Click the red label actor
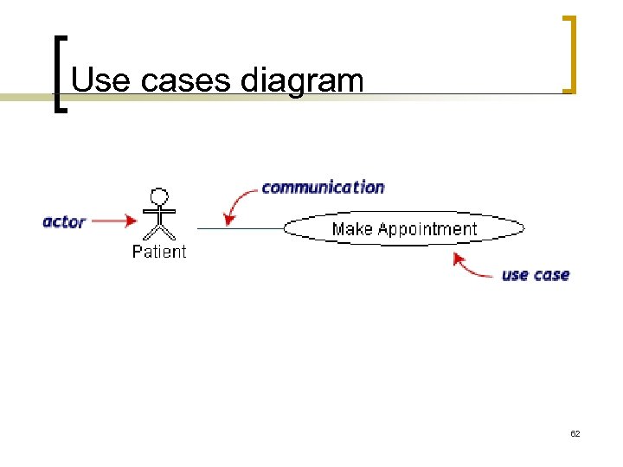(64, 221)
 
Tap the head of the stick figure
(159, 195)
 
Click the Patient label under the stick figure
(159, 252)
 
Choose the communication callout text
(323, 187)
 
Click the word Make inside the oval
(351, 229)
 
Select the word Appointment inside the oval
(427, 229)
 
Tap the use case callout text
(536, 275)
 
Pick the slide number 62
(575, 432)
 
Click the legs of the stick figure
(159, 231)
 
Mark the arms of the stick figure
(159, 211)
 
